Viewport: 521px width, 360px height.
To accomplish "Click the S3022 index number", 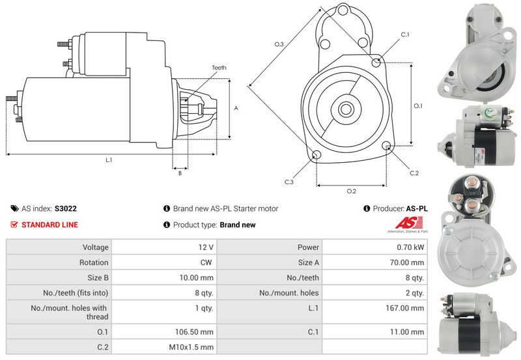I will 65,209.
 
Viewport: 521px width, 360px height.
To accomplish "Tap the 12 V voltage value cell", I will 207,247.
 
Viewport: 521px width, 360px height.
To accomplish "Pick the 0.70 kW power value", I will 412,247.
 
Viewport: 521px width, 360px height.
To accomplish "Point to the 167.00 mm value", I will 408,308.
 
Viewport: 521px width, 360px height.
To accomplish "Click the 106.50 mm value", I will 198,331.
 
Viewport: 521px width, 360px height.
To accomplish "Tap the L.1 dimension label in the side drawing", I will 109,160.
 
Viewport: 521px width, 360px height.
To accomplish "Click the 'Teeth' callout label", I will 219,68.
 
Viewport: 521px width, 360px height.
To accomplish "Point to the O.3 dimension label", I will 278,44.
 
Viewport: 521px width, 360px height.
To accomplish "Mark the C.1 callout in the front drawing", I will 404,35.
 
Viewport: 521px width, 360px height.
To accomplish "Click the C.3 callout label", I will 289,182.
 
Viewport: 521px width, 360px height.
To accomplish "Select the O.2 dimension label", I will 351,191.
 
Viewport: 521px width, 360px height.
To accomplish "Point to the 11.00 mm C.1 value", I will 410,331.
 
